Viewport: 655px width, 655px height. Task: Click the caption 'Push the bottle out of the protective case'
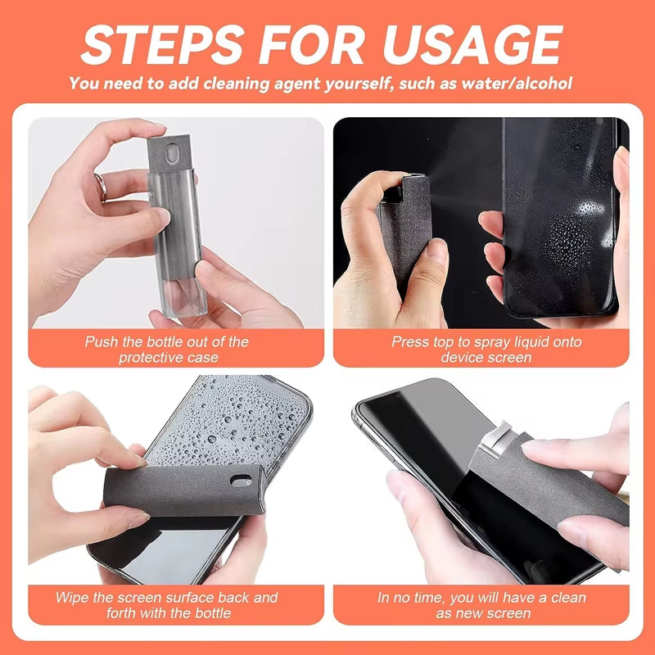[x=166, y=349]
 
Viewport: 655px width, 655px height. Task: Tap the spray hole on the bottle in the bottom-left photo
[x=240, y=480]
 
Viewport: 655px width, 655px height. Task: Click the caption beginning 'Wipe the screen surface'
[x=166, y=604]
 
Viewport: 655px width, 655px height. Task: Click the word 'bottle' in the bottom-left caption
[x=212, y=612]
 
